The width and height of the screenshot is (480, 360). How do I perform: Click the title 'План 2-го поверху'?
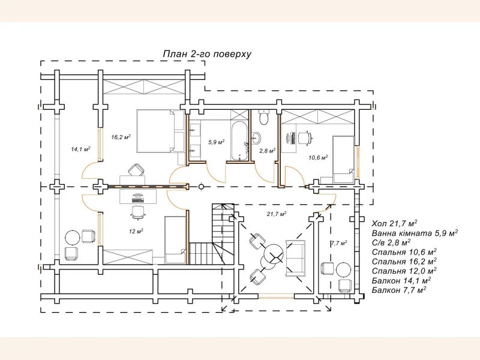click(x=207, y=54)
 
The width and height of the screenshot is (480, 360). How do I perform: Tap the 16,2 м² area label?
click(x=121, y=137)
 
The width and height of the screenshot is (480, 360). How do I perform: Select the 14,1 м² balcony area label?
click(x=80, y=149)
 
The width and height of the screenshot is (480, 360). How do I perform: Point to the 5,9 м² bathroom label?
click(x=216, y=142)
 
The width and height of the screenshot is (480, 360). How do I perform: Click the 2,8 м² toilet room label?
click(x=267, y=151)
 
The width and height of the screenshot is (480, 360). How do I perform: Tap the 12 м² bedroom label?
click(x=136, y=231)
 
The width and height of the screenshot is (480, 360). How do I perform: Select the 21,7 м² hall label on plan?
click(x=276, y=214)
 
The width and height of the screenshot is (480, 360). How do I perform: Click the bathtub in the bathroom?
click(x=238, y=142)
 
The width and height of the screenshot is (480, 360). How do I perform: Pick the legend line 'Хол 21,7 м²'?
click(x=395, y=223)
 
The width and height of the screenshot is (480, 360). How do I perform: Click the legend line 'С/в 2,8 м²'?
click(x=391, y=242)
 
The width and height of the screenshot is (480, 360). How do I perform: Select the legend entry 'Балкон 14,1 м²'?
click(x=401, y=280)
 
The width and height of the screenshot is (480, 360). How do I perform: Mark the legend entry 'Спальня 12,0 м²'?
click(x=404, y=270)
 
